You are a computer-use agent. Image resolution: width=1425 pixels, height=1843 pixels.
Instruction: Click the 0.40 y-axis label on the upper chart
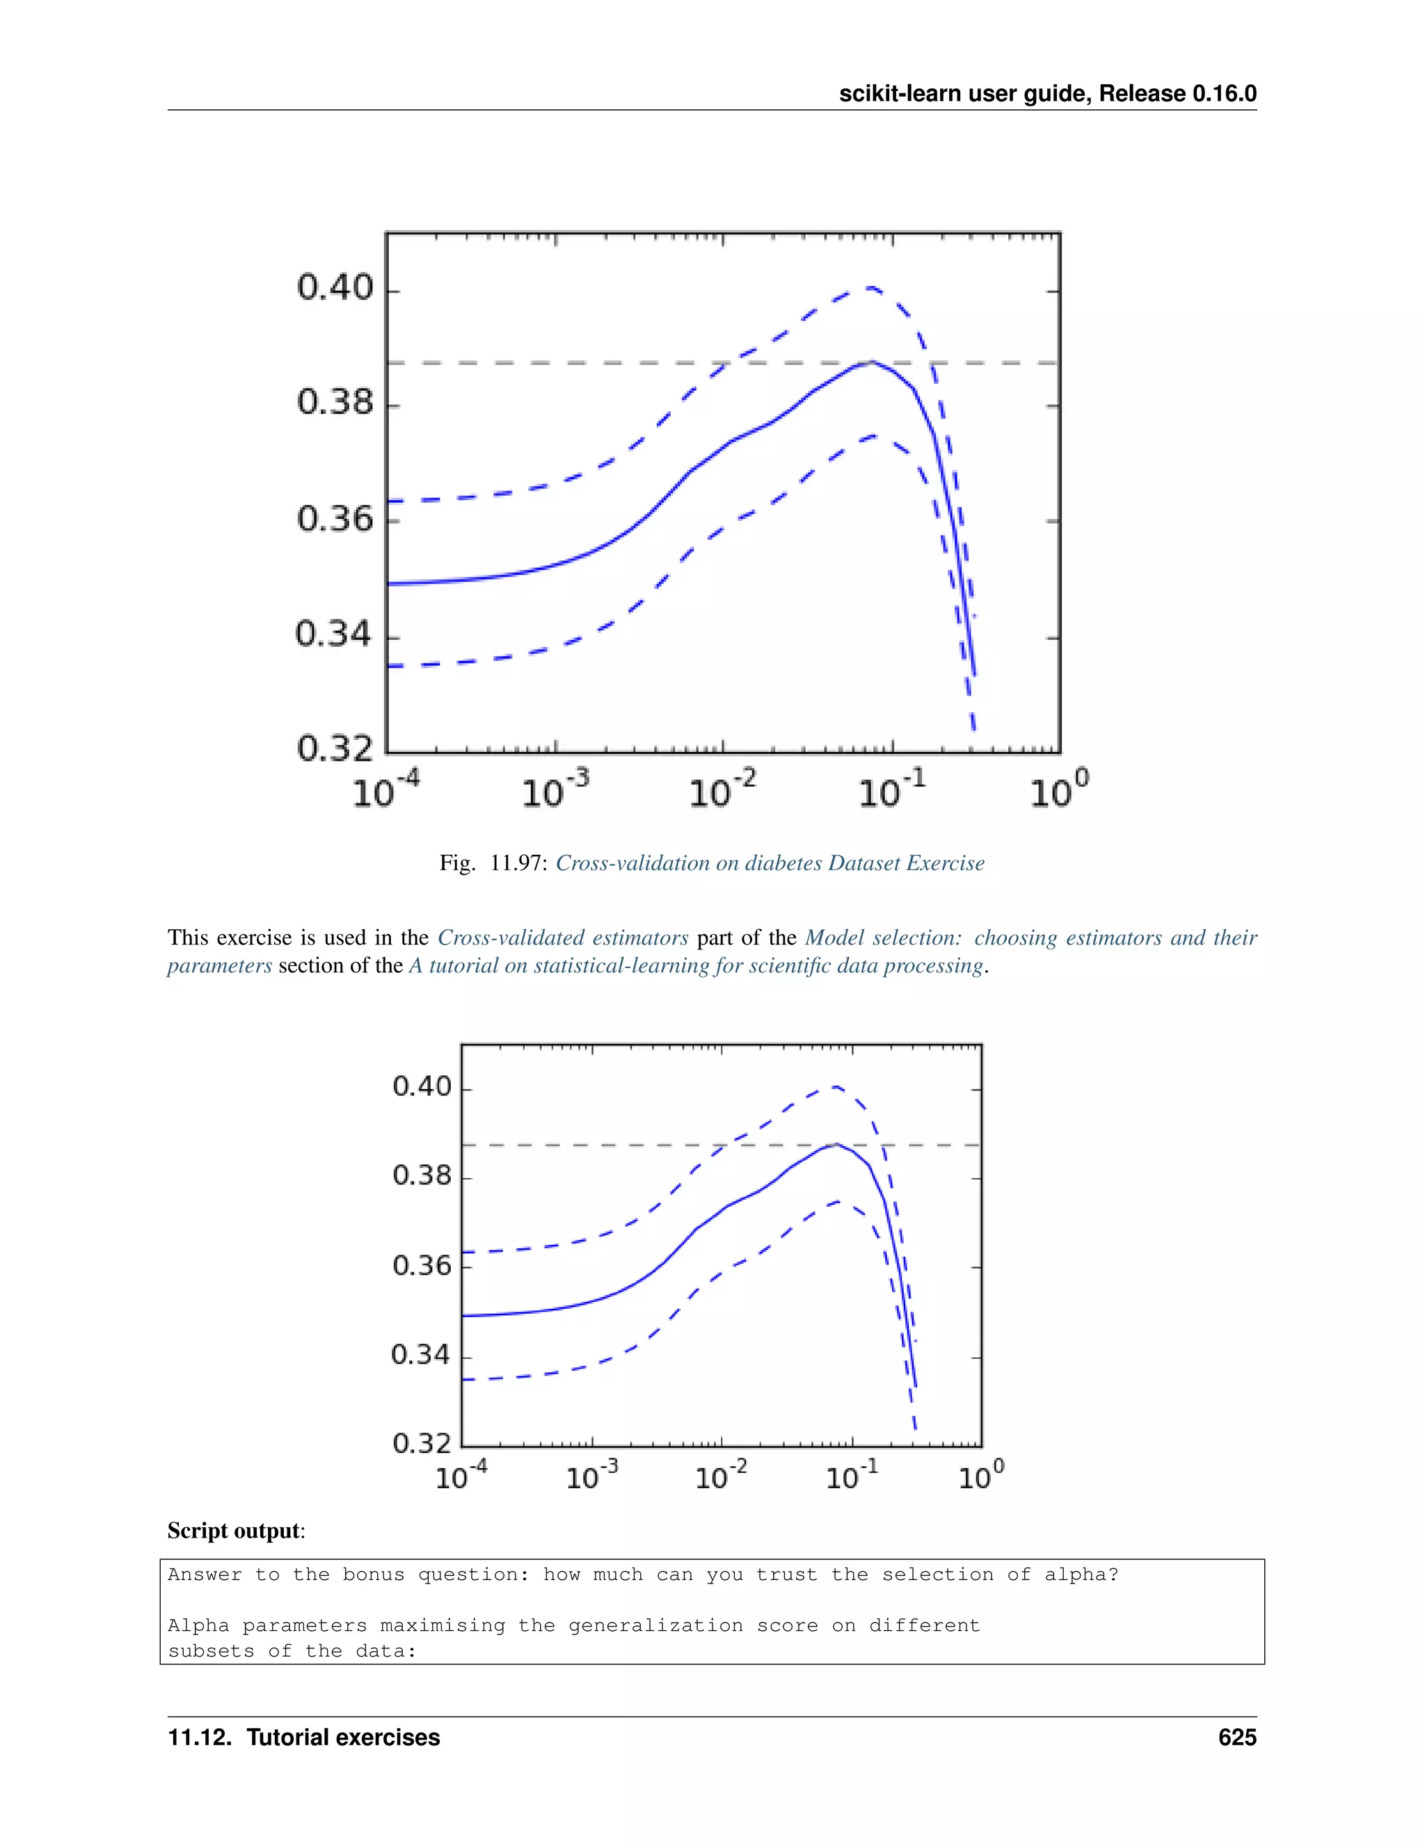click(x=335, y=289)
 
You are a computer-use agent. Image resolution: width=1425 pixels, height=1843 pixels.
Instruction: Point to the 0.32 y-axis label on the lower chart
click(x=422, y=1443)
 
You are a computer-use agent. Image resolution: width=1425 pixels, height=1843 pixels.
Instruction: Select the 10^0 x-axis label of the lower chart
click(x=981, y=1476)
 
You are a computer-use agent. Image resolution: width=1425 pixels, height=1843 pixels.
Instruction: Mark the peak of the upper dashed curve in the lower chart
click(x=834, y=1087)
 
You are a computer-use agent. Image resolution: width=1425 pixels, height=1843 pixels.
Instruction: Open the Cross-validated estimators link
click(x=563, y=937)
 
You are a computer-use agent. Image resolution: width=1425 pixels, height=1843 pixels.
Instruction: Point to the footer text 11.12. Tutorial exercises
click(x=304, y=1737)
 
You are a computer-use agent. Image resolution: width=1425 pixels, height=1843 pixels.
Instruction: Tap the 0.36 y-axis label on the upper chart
click(x=335, y=518)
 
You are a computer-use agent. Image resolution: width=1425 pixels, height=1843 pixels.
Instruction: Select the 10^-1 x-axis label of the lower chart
click(x=852, y=1476)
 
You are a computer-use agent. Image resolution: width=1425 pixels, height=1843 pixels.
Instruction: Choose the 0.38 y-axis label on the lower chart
click(x=422, y=1175)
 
